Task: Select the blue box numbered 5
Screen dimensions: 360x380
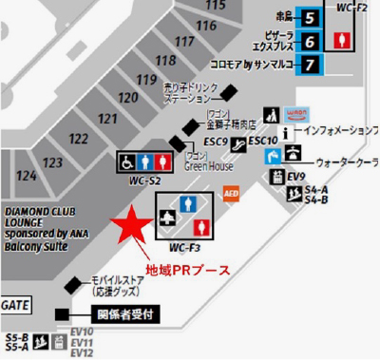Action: [310, 16]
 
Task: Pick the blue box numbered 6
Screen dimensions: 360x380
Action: [310, 41]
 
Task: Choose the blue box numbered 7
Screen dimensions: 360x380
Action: [310, 65]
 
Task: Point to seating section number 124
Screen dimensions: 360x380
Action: [27, 177]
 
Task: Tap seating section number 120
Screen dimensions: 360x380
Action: [127, 97]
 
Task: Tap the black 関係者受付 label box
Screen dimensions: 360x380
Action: [121, 313]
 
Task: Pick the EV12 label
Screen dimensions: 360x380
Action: [82, 353]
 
